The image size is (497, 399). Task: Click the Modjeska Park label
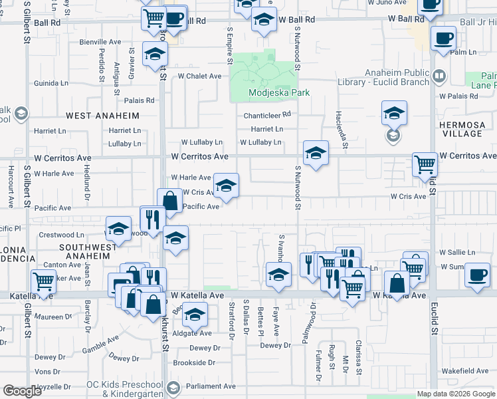click(279, 93)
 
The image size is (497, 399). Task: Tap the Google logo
click(22, 391)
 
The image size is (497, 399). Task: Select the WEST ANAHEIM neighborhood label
click(102, 115)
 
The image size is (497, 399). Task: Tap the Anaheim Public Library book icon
click(439, 76)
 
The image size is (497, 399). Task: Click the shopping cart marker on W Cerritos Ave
click(425, 164)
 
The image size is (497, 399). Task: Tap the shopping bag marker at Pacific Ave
click(169, 200)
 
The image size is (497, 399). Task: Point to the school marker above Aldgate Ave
click(195, 314)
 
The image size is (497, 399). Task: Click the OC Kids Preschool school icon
click(173, 387)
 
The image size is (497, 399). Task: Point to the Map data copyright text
click(456, 394)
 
